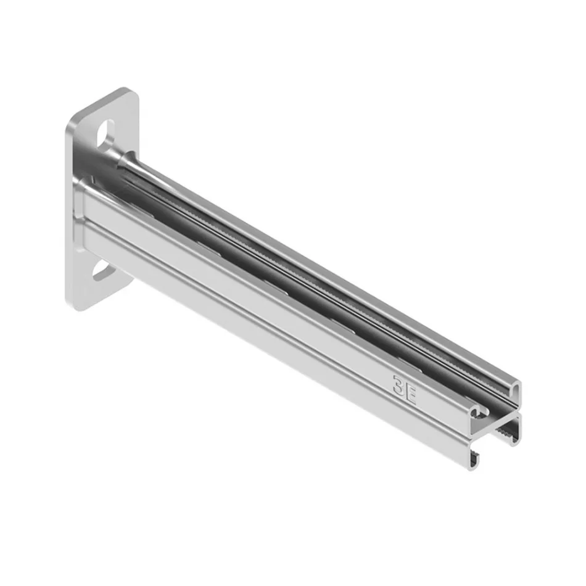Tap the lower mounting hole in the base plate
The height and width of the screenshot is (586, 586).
(102, 271)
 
